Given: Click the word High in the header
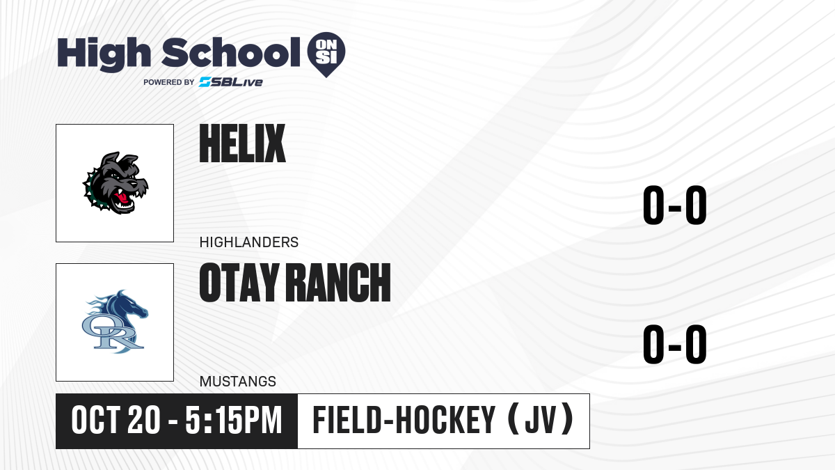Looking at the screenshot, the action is click(x=104, y=54).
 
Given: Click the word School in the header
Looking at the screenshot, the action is click(x=231, y=53).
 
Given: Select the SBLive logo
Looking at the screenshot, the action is click(x=231, y=82).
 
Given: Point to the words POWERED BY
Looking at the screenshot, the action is click(x=169, y=82).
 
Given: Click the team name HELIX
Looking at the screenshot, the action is click(x=242, y=143).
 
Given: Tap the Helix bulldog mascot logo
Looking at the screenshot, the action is click(x=116, y=182).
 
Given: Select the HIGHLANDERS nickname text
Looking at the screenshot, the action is click(x=249, y=242).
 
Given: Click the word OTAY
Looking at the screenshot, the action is click(x=239, y=283).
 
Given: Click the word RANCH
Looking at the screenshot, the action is click(x=340, y=283).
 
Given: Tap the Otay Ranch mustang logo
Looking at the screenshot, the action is click(x=115, y=322).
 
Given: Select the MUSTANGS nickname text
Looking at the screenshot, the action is click(x=238, y=382).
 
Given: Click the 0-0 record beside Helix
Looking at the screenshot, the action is click(x=675, y=205).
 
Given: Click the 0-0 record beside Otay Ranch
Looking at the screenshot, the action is click(x=675, y=344).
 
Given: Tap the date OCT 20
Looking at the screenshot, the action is click(x=116, y=421).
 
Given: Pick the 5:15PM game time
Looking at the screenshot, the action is click(x=234, y=421).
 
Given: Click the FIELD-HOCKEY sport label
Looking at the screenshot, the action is click(x=404, y=421).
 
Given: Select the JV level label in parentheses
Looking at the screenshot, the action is click(x=541, y=420).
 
